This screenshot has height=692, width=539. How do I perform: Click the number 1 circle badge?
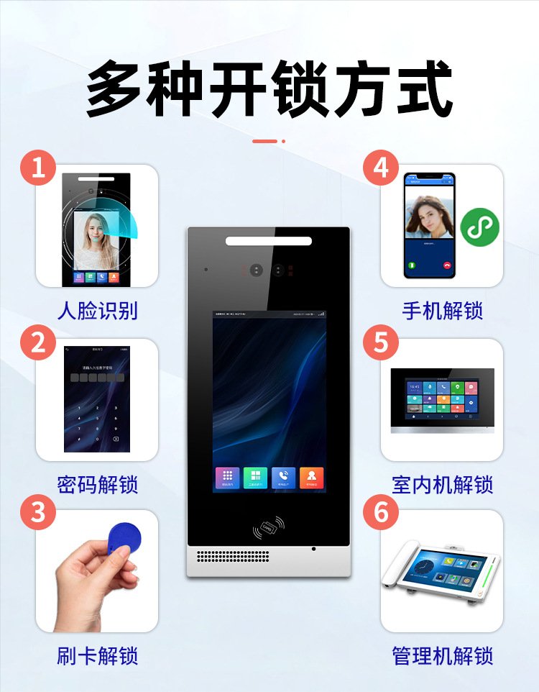click(x=37, y=168)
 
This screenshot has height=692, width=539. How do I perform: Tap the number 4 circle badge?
click(x=381, y=168)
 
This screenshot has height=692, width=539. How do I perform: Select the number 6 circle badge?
click(x=381, y=513)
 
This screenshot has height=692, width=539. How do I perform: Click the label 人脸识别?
click(x=97, y=311)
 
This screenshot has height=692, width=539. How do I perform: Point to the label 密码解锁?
click(x=97, y=484)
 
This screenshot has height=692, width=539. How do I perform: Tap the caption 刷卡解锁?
click(x=97, y=656)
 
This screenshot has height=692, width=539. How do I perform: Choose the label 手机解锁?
click(x=442, y=311)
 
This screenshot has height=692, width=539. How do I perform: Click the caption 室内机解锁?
click(x=442, y=484)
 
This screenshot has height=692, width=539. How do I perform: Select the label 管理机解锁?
click(x=442, y=656)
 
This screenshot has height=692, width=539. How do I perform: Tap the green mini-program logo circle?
click(x=479, y=227)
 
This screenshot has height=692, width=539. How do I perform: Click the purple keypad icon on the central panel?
click(x=227, y=478)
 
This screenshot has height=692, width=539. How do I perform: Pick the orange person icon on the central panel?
click(x=312, y=478)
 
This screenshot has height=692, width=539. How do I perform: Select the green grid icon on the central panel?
click(x=255, y=478)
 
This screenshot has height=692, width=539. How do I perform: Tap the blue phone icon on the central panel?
click(x=284, y=478)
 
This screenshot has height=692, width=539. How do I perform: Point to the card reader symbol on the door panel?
click(x=268, y=529)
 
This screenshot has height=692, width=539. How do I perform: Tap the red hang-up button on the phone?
click(x=447, y=265)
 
